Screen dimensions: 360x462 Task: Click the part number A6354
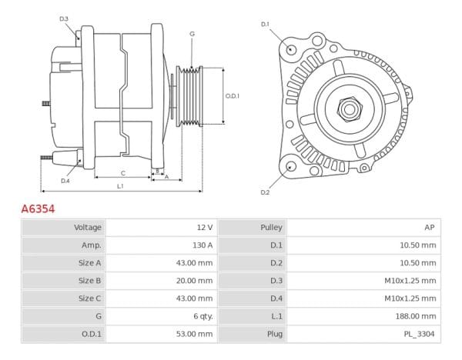click(37, 208)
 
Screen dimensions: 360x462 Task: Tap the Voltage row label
click(87, 228)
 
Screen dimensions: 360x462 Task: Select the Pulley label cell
click(273, 228)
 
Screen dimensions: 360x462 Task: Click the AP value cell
click(430, 228)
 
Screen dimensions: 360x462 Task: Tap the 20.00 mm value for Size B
click(196, 280)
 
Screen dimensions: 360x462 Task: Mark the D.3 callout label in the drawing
click(64, 18)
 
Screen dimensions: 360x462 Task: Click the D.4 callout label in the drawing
click(65, 180)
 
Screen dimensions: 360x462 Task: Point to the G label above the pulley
click(192, 34)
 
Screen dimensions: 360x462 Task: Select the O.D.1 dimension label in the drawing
click(233, 95)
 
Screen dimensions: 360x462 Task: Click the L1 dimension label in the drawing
click(121, 187)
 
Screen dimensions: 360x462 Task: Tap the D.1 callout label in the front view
click(265, 24)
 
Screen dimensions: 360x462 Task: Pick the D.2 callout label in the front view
click(265, 192)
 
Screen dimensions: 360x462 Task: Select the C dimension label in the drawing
click(123, 173)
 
